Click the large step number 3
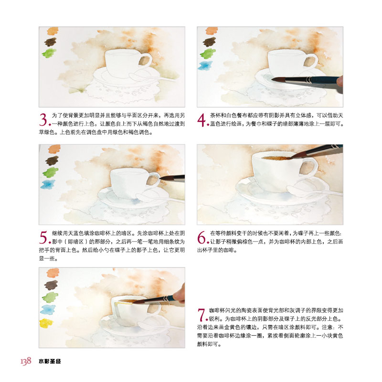tap(43, 120)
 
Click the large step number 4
tap(202, 120)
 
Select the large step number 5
tap(43, 237)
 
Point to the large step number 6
tap(202, 237)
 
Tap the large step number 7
tap(201, 315)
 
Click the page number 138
tap(26, 361)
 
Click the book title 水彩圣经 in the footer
tap(50, 361)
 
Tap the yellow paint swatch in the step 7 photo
tap(46, 323)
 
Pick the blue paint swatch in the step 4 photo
tap(205, 65)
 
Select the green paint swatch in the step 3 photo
tap(49, 53)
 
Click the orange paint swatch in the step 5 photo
tap(54, 149)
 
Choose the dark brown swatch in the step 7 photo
tap(51, 285)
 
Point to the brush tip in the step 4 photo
tap(272, 79)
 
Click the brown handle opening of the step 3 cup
tap(144, 61)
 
